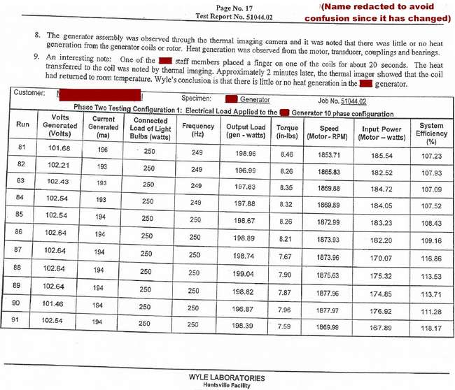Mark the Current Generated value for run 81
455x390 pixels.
pyautogui.click(x=103, y=150)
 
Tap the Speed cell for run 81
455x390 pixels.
pyautogui.click(x=329, y=153)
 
